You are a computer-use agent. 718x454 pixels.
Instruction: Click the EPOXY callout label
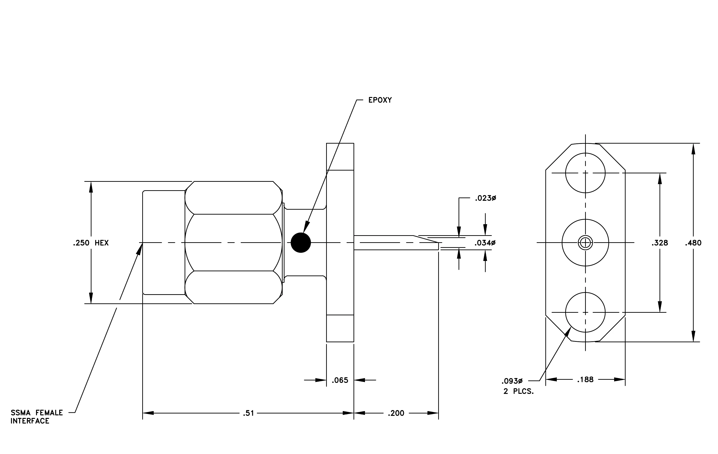coord(380,100)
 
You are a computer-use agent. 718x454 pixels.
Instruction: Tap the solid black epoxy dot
coord(301,243)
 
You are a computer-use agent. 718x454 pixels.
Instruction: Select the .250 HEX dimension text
coord(91,243)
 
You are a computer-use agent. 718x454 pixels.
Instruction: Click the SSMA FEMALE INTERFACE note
coord(37,417)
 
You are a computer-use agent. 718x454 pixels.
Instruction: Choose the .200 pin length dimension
coord(396,413)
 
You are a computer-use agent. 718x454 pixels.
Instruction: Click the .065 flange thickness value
coord(340,380)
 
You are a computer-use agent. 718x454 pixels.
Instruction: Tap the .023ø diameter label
coord(485,198)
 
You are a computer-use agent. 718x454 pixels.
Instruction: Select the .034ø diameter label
coord(485,243)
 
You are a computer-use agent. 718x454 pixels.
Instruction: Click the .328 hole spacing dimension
coord(660,243)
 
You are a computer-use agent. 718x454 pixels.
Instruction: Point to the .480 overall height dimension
coord(693,243)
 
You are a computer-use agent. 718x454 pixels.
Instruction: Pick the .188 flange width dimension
coord(585,380)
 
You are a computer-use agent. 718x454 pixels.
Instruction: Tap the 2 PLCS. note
coord(518,391)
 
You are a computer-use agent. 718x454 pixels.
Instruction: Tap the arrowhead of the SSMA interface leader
coord(139,249)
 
